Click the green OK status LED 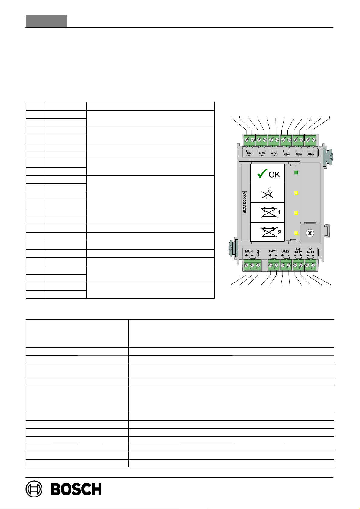pos(296,172)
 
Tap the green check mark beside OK pos(262,174)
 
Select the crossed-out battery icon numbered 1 pos(268,213)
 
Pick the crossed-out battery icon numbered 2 pos(268,232)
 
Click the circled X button pos(309,233)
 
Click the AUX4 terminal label pos(286,154)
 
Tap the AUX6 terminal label pos(310,154)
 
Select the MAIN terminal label pos(249,251)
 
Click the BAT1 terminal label pos(273,251)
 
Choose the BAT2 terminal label pos(285,251)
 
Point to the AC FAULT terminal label pos(310,251)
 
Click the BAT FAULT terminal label pos(298,251)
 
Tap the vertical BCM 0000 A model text pos(245,203)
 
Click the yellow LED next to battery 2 pos(296,233)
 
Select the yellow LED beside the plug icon pos(296,193)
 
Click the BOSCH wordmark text pos(76,489)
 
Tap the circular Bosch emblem pos(34,489)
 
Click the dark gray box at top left pos(46,21)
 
